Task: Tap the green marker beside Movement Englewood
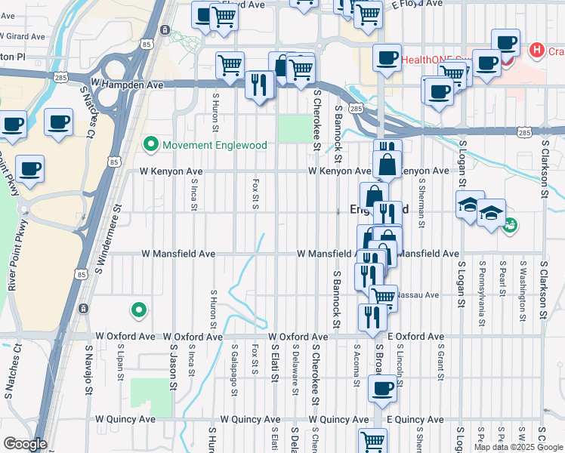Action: [150, 143]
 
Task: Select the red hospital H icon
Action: [536, 51]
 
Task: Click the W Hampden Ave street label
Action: [127, 85]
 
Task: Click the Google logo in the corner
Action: [24, 444]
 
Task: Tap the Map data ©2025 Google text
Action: [517, 447]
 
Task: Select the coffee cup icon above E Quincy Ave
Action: [382, 390]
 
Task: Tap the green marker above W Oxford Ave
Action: [138, 310]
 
